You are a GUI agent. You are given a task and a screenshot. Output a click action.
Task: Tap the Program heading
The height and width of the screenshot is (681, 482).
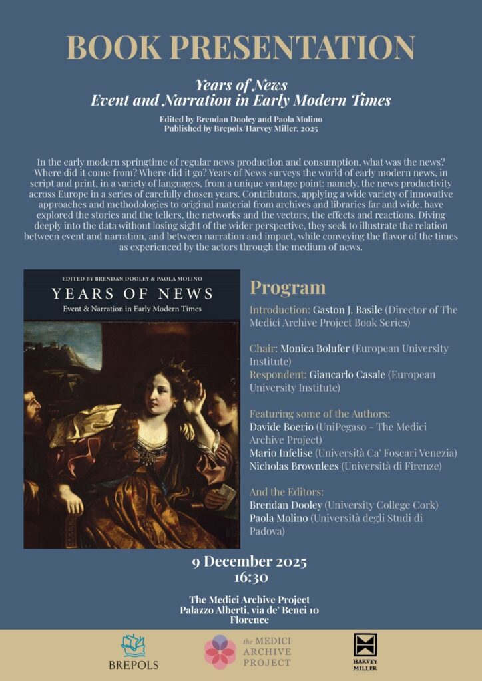[x=288, y=287]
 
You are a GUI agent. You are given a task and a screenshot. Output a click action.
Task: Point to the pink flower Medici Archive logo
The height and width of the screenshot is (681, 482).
[x=220, y=652]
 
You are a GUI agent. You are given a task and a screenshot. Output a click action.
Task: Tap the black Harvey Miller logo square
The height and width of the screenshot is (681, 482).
[x=365, y=645]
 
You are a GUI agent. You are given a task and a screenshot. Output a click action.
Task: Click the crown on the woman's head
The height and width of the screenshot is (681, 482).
[x=178, y=365]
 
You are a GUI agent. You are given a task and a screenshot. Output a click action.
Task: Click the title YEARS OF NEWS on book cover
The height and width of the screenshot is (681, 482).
[x=132, y=293]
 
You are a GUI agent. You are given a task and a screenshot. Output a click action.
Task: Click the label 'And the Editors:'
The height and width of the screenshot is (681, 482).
[x=286, y=492]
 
